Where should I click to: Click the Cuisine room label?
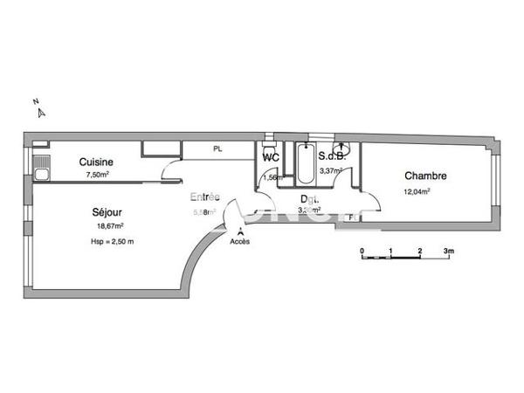pyautogui.click(x=96, y=162)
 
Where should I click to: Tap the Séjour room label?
pyautogui.click(x=107, y=212)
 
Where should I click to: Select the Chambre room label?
pyautogui.click(x=424, y=176)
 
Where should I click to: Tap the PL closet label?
pyautogui.click(x=217, y=149)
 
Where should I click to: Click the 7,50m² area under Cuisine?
pyautogui.click(x=96, y=175)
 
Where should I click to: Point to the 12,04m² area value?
pyautogui.click(x=417, y=191)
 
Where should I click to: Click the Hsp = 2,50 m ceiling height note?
pyautogui.click(x=112, y=241)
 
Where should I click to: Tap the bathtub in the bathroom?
pyautogui.click(x=305, y=164)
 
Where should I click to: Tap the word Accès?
pyautogui.click(x=239, y=241)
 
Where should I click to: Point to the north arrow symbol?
pyautogui.click(x=39, y=108)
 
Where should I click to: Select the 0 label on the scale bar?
pyautogui.click(x=362, y=251)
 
